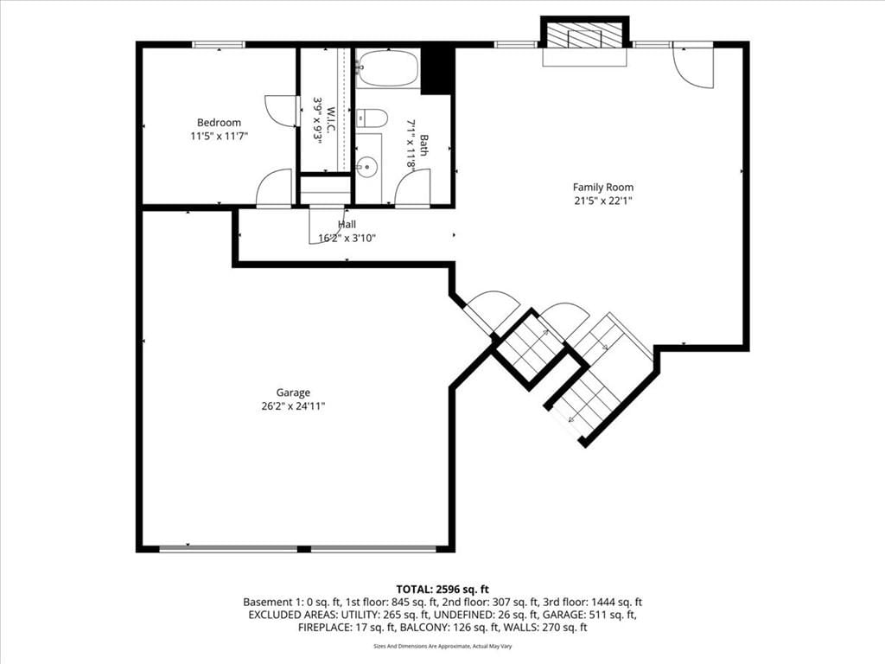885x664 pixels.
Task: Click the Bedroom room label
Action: tap(219, 123)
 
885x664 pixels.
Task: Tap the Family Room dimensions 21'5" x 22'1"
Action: tap(602, 201)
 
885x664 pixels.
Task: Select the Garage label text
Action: tap(293, 393)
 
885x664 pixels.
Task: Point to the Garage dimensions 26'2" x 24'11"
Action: tap(293, 406)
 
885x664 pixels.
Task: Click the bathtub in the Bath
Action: tap(389, 68)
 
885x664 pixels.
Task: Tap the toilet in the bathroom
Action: tap(372, 118)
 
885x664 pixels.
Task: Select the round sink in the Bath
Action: tap(367, 167)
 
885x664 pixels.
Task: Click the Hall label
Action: tap(347, 225)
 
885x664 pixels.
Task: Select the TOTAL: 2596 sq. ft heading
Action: tap(442, 590)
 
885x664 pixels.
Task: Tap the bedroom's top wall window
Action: tap(219, 44)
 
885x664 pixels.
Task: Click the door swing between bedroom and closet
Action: tap(282, 110)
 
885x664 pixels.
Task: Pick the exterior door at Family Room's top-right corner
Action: tap(693, 67)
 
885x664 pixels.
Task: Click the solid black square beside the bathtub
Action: tap(438, 71)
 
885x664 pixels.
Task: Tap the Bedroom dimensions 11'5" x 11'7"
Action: tap(220, 136)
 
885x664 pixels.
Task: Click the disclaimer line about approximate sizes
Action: tap(442, 646)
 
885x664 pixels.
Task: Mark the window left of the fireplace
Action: tap(516, 44)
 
